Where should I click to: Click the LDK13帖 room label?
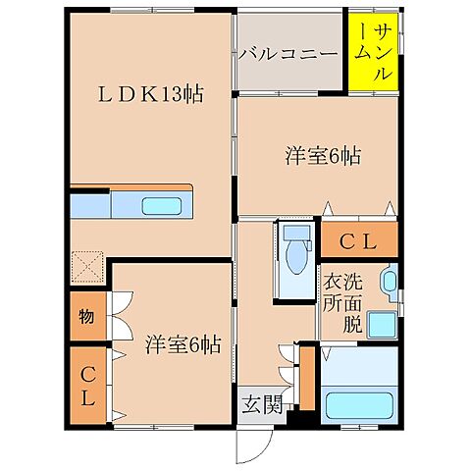pos(150,95)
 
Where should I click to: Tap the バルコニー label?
pos(288,53)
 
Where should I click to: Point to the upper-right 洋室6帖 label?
pos(322,155)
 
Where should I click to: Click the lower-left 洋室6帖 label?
pos(183,344)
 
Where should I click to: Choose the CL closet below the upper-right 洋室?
pos(359,240)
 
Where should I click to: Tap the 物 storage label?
pos(87,317)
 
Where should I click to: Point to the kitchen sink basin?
pos(158,207)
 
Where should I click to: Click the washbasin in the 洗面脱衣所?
pos(390,285)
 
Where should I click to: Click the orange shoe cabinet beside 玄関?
pos(306,378)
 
